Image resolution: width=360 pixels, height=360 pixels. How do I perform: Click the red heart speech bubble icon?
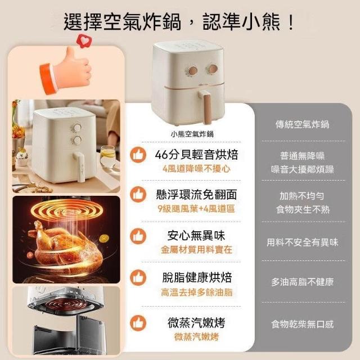point(84,41)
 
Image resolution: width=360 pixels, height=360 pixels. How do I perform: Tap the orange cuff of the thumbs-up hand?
point(48,79)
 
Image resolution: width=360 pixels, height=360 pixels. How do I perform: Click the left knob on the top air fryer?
point(192,70)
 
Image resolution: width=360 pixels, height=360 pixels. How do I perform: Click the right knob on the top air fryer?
point(212,69)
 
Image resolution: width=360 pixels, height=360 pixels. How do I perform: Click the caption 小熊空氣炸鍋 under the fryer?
point(192,134)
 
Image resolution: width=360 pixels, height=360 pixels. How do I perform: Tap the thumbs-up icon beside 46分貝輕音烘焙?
point(138,155)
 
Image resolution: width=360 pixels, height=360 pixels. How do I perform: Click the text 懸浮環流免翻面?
point(196,195)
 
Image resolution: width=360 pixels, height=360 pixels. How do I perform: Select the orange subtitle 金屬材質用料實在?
point(196,250)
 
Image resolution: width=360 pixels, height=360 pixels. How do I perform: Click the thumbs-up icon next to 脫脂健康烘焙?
point(138,277)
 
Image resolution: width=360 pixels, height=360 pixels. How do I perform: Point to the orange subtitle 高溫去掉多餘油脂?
point(196,292)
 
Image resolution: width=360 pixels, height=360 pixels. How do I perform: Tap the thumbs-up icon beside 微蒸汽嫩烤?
point(138,323)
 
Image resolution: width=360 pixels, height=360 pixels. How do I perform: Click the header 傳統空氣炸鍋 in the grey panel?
point(303,124)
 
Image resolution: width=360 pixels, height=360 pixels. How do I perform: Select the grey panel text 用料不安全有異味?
point(303,242)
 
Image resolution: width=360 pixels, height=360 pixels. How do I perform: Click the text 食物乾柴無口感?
point(303,324)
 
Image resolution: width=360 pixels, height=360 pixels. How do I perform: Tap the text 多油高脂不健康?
point(303,282)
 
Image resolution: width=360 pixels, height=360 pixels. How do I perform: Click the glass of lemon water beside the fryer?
point(107,156)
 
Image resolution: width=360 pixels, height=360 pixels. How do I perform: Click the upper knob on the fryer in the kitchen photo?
point(76,128)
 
